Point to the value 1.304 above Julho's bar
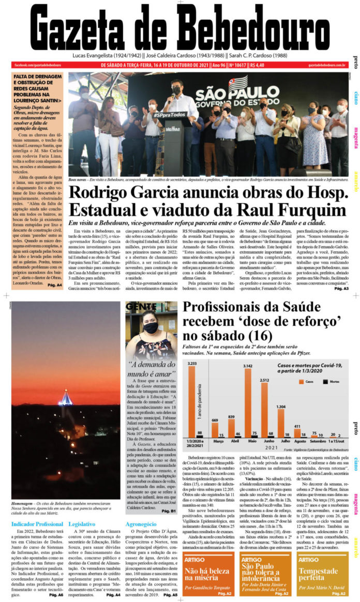coord(281,408)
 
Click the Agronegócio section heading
coord(142,524)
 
